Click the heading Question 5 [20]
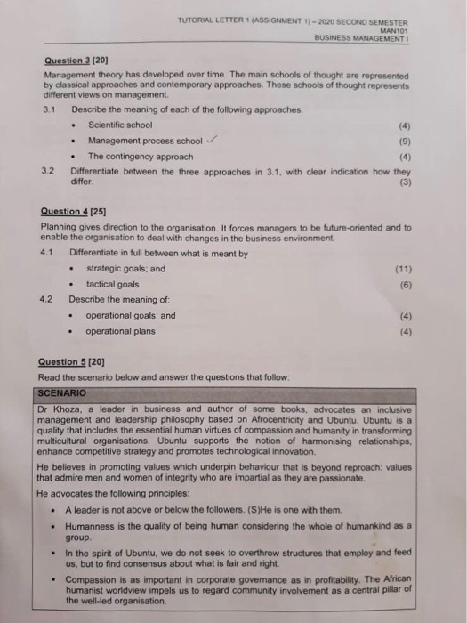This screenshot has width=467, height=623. click(75, 362)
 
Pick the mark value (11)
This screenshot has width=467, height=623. click(404, 269)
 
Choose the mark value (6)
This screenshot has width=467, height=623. click(406, 284)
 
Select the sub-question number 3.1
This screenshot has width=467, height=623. click(50, 109)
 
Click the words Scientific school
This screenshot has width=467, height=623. click(119, 125)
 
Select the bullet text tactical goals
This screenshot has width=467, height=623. click(112, 284)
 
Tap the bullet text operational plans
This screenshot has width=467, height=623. click(119, 331)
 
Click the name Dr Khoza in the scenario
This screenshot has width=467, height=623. click(60, 408)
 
